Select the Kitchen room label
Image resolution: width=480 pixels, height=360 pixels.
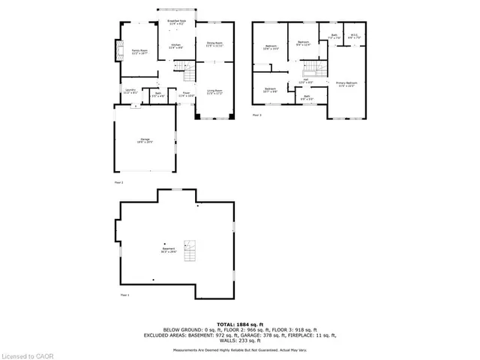coord(175,46)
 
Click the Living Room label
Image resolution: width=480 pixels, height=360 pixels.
coord(215,91)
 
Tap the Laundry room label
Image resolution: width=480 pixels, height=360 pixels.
coord(130,91)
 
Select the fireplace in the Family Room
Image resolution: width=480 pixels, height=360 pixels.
coord(116,50)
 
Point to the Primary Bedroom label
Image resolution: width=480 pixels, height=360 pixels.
coord(346,84)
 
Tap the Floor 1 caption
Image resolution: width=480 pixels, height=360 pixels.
coord(125,296)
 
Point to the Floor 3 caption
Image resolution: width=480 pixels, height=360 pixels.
coord(256,115)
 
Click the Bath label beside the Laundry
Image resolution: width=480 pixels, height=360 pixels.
coord(158,94)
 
